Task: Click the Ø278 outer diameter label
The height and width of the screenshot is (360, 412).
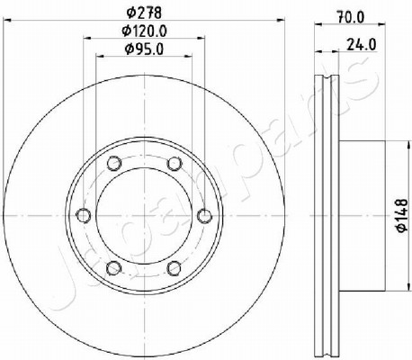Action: coord(144,13)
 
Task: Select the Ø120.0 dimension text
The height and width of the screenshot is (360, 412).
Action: coord(144,31)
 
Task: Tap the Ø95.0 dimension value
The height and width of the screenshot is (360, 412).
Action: coord(144,49)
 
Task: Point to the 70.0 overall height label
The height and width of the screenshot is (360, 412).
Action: coord(350,17)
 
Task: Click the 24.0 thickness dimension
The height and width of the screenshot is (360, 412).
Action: coord(362,45)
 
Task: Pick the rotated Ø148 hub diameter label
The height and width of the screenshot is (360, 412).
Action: coord(402,215)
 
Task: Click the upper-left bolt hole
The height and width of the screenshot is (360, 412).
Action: coord(114,163)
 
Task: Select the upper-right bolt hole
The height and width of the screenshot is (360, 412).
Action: coord(175,163)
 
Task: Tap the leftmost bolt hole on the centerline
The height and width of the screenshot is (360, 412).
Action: coord(84,215)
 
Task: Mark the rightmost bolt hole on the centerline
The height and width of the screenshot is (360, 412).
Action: coord(205,215)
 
